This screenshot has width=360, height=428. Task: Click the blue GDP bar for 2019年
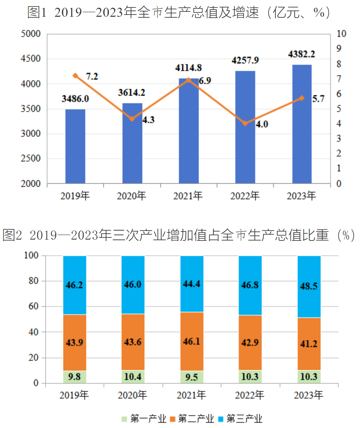click(x=75, y=146)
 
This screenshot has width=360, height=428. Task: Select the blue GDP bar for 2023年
click(x=302, y=124)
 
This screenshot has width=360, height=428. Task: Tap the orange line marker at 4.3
click(x=132, y=119)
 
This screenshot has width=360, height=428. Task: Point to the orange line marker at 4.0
click(x=245, y=123)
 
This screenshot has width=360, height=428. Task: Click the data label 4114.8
click(x=188, y=68)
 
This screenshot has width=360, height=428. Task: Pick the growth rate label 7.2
click(x=92, y=76)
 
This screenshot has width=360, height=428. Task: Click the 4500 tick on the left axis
click(x=31, y=59)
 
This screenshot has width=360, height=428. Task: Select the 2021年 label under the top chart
click(x=188, y=196)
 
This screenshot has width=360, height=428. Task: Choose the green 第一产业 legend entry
click(x=144, y=419)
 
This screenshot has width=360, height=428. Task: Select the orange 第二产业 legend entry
click(x=192, y=419)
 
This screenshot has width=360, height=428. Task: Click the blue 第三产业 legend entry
click(x=240, y=419)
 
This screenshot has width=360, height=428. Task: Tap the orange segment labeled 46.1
click(x=192, y=341)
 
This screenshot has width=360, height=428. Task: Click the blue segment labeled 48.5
click(x=309, y=286)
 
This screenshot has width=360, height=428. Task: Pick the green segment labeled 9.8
click(x=74, y=377)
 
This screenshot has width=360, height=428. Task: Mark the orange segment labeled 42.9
click(x=250, y=342)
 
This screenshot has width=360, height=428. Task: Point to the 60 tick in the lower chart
click(x=33, y=307)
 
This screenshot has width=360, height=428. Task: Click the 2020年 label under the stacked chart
click(x=132, y=395)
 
